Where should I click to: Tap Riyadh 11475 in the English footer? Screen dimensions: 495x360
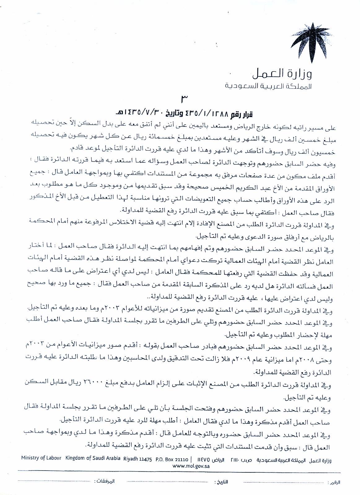tap(137, 460)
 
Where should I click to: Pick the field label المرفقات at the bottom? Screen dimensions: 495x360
tap(104, 481)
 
